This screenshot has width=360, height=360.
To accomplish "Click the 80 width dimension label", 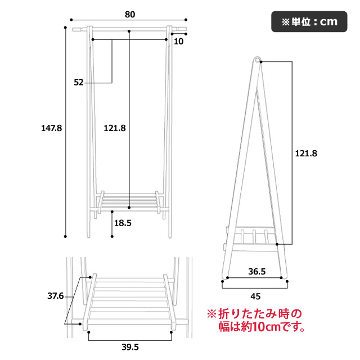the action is pos(130,15).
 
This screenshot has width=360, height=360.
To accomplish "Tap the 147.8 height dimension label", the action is pos(51,128).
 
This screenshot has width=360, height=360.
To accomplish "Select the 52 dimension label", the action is pos(79,83).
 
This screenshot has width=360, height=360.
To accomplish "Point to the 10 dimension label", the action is pos(179,42).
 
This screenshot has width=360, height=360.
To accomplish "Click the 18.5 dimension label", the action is pos(123,223).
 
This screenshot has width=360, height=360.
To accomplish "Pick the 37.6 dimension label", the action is pos(55,296).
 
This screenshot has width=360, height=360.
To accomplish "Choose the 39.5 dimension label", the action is pos(130,347).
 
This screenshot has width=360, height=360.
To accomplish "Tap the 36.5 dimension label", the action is pos(257,272).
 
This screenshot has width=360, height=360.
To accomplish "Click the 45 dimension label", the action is pos(255,296).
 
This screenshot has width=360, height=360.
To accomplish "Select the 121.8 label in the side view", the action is pos(306,154).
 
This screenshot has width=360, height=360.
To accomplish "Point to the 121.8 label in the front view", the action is pos(115,128).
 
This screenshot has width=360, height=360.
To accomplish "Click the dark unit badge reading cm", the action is pos(309,21).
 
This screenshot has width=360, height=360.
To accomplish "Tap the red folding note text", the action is pos(256,320).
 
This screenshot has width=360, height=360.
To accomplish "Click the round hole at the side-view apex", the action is pos(258,60).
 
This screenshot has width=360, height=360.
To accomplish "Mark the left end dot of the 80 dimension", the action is pos(71,20).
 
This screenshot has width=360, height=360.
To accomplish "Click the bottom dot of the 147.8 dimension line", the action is pos(65,236).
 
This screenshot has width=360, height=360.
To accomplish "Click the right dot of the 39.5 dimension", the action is pos(171,332).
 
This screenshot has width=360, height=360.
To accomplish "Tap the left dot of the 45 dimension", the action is pos(223,281).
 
